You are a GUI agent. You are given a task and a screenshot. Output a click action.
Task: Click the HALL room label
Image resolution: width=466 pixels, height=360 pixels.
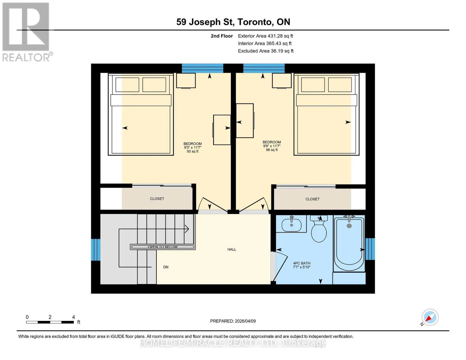click(232, 249)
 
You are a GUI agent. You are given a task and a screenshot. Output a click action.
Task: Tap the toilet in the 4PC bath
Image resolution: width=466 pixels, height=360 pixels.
click(319, 229)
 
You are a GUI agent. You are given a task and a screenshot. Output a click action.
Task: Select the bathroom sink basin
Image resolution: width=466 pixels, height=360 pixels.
click(291, 225)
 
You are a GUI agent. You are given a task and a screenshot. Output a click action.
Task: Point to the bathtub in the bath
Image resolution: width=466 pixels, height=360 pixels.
click(349, 244)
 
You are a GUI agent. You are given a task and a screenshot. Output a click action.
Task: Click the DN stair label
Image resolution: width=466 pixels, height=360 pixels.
click(166, 267)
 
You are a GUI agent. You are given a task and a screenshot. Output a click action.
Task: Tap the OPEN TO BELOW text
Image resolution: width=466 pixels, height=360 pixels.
click(163, 247)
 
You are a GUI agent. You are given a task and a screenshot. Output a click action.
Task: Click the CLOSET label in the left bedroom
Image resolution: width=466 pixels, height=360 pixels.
click(157, 199)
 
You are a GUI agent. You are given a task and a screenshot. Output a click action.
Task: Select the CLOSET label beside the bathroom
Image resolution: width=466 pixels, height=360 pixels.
click(312, 199)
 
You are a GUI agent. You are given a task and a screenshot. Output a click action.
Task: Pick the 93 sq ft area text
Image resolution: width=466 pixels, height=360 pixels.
click(193, 151)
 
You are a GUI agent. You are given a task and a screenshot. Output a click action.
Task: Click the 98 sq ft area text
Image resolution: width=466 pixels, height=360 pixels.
click(272, 150)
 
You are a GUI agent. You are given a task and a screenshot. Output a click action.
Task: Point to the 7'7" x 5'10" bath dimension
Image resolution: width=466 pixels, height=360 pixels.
click(302, 267)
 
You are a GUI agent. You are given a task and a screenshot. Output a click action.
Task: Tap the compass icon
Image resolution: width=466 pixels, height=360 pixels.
click(430, 317)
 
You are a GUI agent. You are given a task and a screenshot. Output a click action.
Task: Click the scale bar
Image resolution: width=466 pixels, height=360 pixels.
click(50, 322)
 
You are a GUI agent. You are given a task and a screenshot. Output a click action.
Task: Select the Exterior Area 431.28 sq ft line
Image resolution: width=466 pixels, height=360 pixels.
click(265, 36)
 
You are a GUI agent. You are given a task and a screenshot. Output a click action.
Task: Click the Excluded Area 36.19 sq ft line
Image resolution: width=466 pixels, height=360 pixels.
click(266, 51)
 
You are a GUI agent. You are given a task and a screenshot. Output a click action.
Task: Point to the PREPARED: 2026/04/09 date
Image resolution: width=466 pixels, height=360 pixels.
click(233, 321)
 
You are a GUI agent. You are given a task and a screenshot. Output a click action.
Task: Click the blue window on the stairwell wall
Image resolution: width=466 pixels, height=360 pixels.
click(96, 250)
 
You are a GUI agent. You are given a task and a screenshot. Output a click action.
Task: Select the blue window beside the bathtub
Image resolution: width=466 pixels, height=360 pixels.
click(370, 249)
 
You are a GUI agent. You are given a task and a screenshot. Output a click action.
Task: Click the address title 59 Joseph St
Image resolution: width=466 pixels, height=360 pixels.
click(205, 22)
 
